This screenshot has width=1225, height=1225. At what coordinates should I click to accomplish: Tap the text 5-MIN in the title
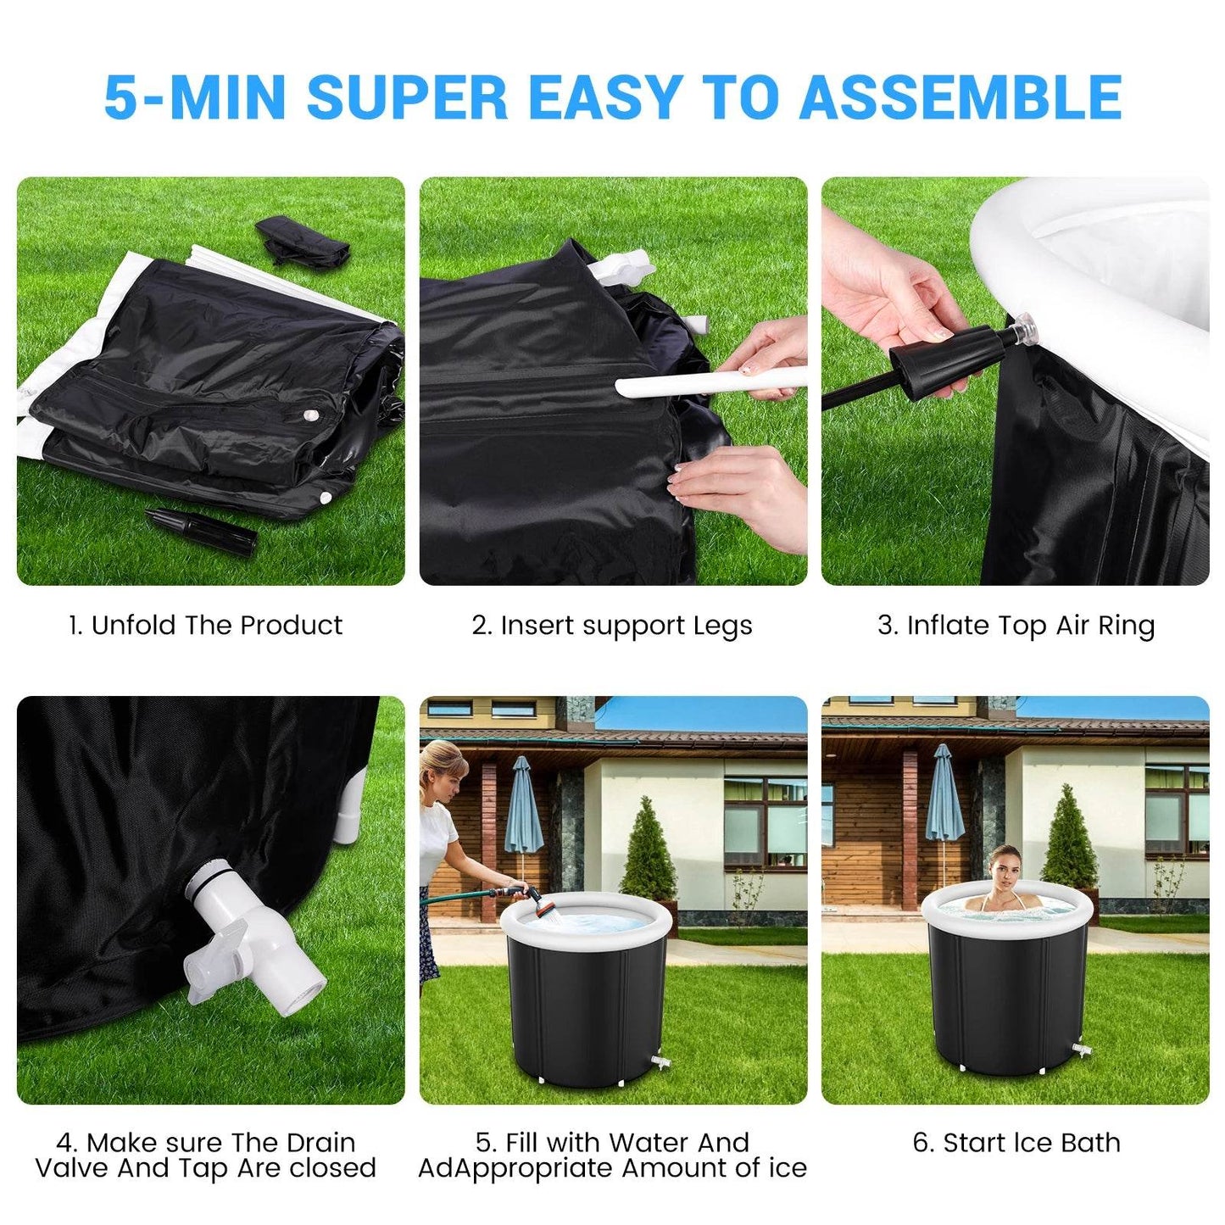click(193, 97)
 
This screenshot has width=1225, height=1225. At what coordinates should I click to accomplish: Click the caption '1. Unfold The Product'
click(205, 626)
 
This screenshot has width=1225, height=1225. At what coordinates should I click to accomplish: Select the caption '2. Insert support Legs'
click(612, 626)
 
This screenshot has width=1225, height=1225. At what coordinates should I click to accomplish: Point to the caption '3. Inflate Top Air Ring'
click(1016, 626)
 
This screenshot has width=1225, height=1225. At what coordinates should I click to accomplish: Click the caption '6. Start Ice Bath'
click(1016, 1143)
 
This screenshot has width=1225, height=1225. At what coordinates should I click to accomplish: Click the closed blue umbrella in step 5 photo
click(522, 805)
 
